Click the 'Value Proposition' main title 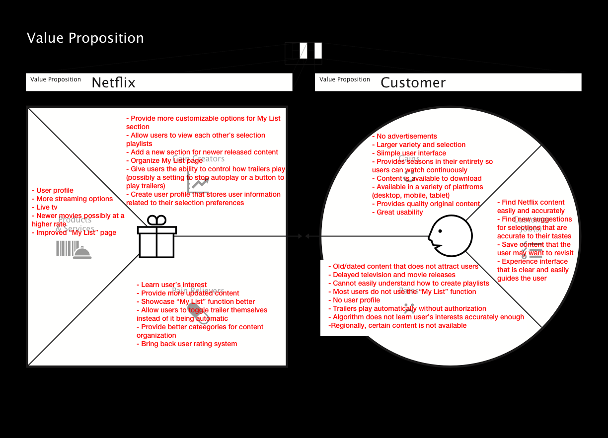click(x=85, y=38)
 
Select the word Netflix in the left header click(x=113, y=82)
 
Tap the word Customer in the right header click(x=413, y=82)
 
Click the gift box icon click(x=157, y=237)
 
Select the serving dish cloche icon click(x=82, y=252)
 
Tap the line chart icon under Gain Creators click(x=197, y=184)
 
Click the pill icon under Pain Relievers click(x=197, y=312)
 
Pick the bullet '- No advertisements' click(x=404, y=137)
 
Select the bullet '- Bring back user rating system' click(x=187, y=344)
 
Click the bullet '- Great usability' click(x=397, y=213)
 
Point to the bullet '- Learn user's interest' click(x=171, y=285)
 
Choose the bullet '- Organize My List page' click(x=164, y=160)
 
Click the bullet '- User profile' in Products click(x=53, y=190)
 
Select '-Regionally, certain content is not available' click(x=397, y=326)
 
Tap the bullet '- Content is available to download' click(x=427, y=179)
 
